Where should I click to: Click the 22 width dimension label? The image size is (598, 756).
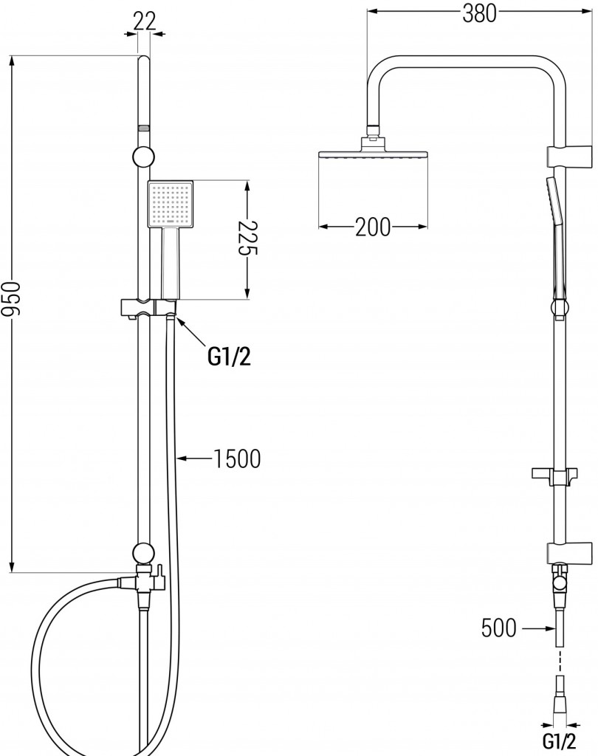(x=145, y=21)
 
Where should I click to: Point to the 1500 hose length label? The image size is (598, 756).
(x=236, y=459)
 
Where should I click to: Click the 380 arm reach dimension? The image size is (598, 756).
(x=479, y=13)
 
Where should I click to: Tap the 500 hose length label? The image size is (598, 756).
(x=499, y=628)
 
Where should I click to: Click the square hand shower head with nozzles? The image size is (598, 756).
(x=170, y=205)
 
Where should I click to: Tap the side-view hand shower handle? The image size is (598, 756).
(x=557, y=244)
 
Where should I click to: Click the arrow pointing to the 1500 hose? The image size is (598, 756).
(x=193, y=459)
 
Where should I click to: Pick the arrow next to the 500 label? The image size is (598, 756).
(x=537, y=628)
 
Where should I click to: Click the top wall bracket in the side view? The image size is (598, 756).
(x=568, y=157)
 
